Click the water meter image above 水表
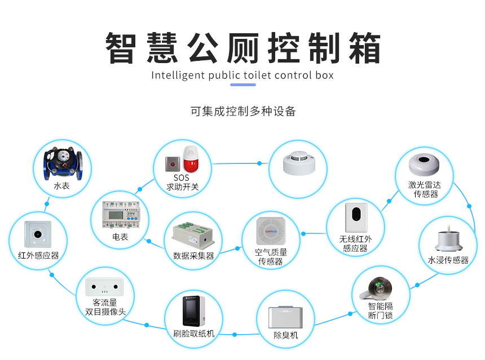61,163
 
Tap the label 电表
120,237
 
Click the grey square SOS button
171,165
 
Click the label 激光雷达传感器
425,189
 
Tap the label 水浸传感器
448,260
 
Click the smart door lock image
380,288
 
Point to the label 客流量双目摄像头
105,307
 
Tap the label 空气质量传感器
271,257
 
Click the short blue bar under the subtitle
243,85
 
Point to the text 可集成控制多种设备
243,111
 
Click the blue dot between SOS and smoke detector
259,163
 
